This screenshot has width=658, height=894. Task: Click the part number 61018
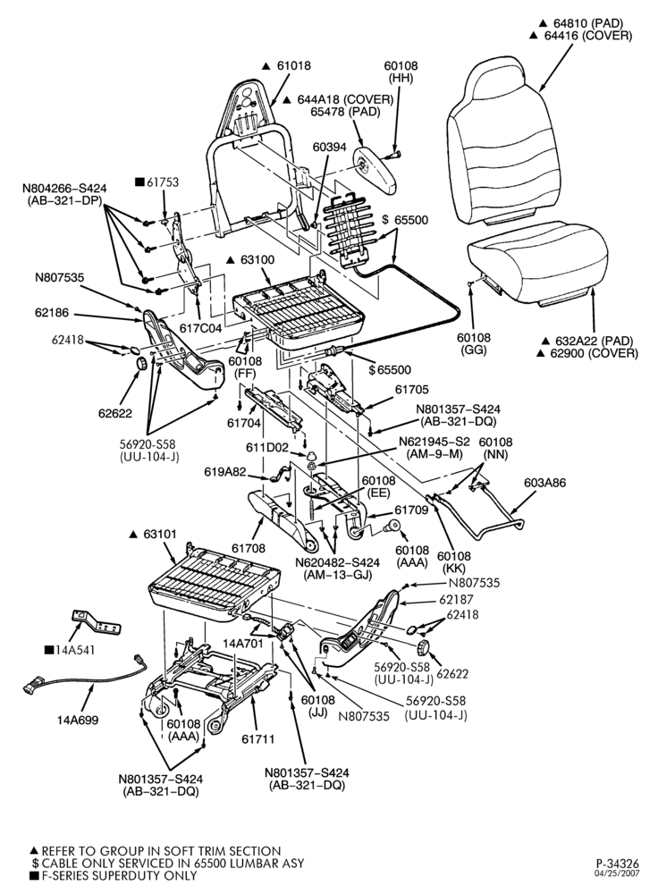pos(294,65)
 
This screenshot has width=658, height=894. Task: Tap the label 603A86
pos(545,483)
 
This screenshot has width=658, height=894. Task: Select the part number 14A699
pos(78,720)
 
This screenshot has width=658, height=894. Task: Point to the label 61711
pos(257,739)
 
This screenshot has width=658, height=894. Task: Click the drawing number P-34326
pos(618,864)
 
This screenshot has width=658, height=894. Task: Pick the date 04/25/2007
pos(618,873)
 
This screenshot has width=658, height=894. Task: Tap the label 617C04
pos(200,329)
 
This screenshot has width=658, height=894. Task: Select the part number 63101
pos(160,535)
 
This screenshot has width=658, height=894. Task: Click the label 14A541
pos(75,650)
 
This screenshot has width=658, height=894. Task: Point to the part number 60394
pos(330,148)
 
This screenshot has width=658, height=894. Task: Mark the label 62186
pos(51,312)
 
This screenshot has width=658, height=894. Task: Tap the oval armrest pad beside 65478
pos(375,170)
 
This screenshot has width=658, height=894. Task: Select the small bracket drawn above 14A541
pos(96,622)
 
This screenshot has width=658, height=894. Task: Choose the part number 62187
pos(456,599)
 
